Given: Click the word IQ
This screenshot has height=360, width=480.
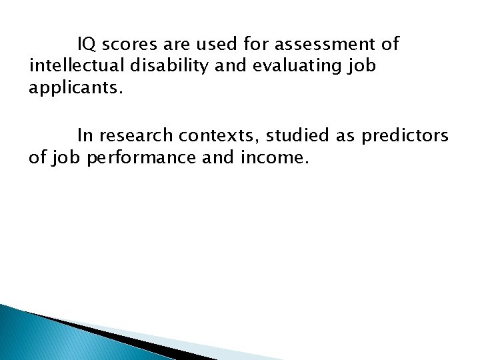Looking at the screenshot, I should coord(85,45).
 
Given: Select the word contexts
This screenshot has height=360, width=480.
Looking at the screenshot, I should coord(220,136).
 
